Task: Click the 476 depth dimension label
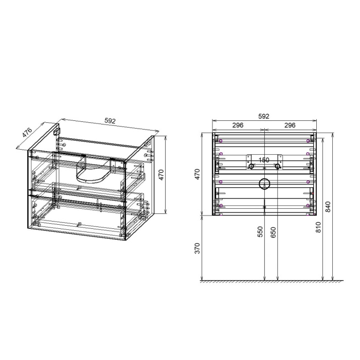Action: coord(27,133)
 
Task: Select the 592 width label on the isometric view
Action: coord(110,121)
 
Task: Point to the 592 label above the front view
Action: coord(263,117)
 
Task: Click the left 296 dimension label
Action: coord(238,125)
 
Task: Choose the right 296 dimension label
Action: coord(290,125)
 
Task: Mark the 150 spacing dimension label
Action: coord(264,160)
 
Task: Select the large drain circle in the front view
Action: coord(264,183)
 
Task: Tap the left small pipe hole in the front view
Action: coord(251,166)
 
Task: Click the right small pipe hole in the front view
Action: coord(277,166)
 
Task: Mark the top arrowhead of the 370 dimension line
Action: coord(204,218)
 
